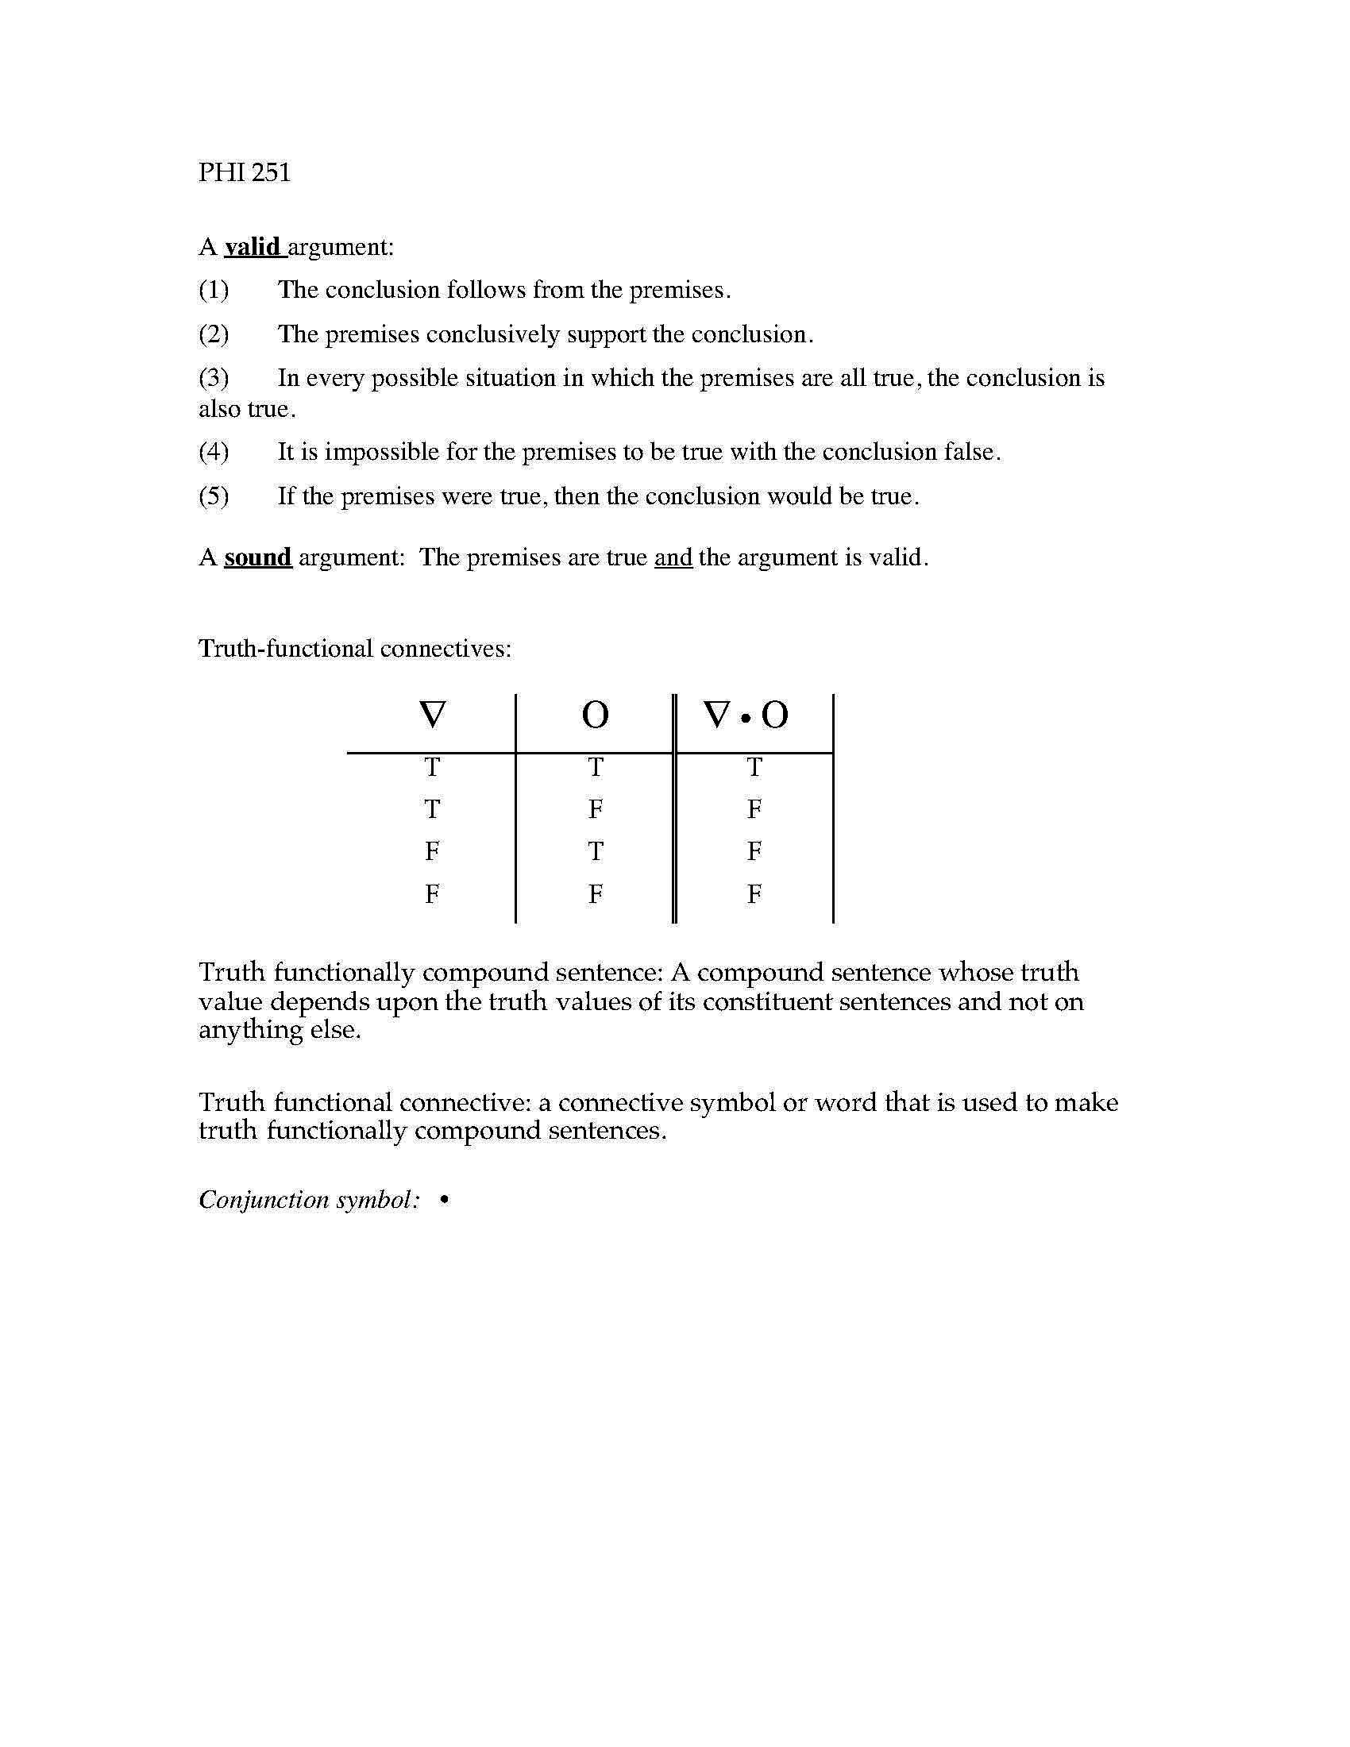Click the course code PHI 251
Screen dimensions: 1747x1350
coord(244,172)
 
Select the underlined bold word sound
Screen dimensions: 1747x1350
coord(257,557)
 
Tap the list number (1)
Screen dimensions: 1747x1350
coord(214,290)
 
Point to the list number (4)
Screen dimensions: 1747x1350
coord(214,452)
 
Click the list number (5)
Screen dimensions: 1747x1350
coord(214,496)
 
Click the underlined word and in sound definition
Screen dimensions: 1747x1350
coord(673,557)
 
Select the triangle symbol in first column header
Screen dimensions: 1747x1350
coord(432,715)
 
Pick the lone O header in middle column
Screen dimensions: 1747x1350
coord(595,715)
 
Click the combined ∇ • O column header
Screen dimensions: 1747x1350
coord(746,715)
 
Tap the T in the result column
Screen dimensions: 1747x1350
coord(754,768)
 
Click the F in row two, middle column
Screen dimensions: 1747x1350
coord(595,809)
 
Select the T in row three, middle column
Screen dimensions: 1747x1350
coord(595,852)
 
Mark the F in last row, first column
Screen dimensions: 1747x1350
coord(432,893)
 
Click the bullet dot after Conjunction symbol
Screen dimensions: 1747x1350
coord(444,1200)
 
